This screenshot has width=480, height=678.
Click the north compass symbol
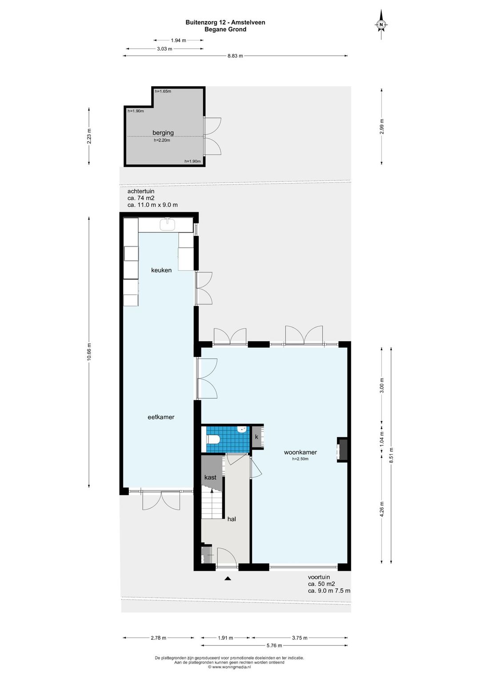click(381, 24)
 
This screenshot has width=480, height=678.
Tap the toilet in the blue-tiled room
click(212, 439)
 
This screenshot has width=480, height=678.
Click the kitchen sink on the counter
click(168, 224)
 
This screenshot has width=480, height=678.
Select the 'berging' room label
click(163, 132)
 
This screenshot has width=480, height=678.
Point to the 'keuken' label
click(161, 270)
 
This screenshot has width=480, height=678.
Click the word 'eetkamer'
click(161, 417)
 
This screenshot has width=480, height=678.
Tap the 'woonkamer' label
click(300, 452)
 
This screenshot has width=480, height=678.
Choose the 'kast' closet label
click(210, 477)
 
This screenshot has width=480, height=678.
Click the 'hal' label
click(232, 519)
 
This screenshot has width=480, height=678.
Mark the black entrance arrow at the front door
click(228, 579)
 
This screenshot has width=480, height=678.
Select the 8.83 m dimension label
click(235, 56)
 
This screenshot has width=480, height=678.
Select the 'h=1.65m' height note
click(163, 91)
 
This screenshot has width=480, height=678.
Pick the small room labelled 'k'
click(257, 437)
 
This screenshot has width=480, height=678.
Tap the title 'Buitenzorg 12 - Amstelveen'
click(225, 22)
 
